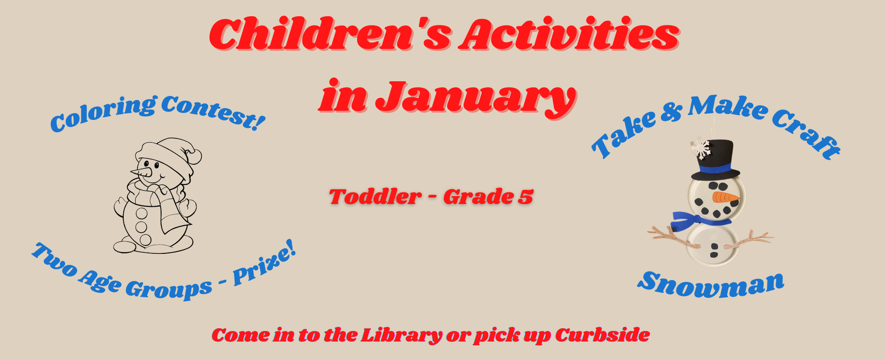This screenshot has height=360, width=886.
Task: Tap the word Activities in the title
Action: click(569, 33)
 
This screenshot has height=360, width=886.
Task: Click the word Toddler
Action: click(375, 197)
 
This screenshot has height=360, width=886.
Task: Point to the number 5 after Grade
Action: click(526, 197)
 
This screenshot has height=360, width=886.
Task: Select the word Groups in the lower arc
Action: click(169, 288)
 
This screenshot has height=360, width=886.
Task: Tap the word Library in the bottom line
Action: click(401, 336)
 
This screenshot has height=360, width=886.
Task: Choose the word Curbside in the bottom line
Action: click(602, 335)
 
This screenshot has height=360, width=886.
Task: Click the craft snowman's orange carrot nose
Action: click(725, 198)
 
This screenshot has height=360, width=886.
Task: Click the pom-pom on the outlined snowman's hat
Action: click(195, 156)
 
